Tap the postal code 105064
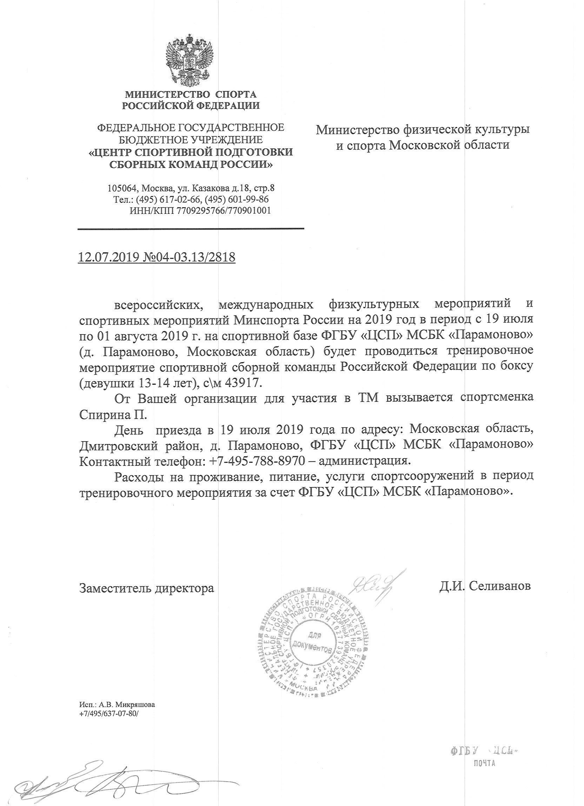tap(122, 188)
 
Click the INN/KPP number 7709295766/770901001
tap(224, 210)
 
